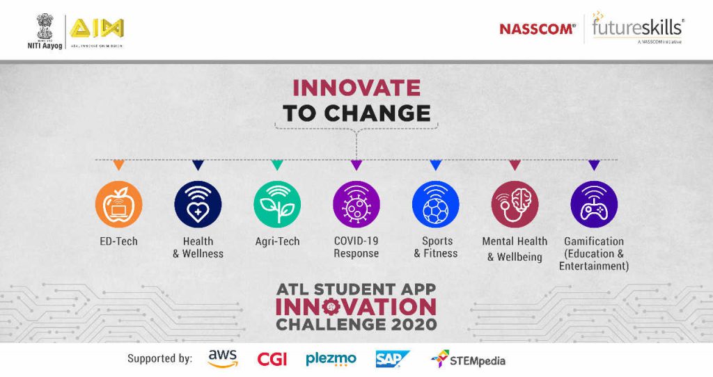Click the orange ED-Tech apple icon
118,204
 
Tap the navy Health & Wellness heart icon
198,204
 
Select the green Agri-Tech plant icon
277,204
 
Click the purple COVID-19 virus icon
356,204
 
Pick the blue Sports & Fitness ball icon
436,204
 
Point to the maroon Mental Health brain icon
515,204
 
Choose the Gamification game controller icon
594,204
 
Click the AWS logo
223,359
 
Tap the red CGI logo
272,360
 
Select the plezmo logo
331,359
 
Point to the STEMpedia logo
468,360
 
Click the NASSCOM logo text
537,29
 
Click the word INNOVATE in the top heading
356,88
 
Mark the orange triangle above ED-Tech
118,166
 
